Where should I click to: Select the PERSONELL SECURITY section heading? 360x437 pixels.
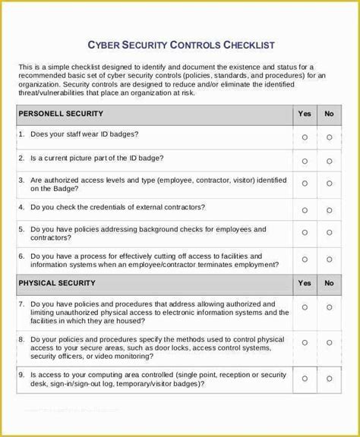62,113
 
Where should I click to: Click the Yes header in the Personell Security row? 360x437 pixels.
305,113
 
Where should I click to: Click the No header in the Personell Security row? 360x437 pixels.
329,113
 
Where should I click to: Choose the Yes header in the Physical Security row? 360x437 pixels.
305,283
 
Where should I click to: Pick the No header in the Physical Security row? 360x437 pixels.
329,283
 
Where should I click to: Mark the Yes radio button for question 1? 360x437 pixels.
305,137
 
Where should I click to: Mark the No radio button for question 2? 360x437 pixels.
329,161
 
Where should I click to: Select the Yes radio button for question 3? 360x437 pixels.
305,184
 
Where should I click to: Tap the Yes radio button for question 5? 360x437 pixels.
305,233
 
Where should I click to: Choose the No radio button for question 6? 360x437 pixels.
329,258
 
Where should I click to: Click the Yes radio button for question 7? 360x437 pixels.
305,308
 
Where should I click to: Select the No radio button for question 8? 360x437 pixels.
329,342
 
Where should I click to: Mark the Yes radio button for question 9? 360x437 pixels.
305,378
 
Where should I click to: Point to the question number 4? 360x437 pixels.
21,206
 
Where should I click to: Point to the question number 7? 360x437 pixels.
21,303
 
